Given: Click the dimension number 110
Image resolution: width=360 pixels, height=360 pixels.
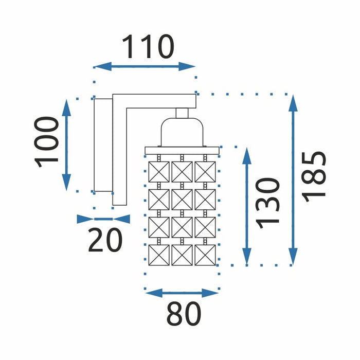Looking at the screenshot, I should point(148,47).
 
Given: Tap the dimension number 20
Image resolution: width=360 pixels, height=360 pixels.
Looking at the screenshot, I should point(105,240).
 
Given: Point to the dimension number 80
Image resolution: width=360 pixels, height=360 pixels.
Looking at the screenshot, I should point(184,313).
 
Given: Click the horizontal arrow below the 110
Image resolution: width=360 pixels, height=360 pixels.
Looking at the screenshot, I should point(145,66).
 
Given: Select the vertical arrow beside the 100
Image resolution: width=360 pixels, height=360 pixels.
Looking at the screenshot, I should point(67,145).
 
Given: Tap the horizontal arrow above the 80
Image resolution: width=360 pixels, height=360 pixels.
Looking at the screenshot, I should point(182,293).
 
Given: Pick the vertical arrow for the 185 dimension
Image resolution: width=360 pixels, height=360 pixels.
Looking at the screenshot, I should point(293,179).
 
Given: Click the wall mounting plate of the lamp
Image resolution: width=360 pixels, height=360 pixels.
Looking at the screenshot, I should point(103,145).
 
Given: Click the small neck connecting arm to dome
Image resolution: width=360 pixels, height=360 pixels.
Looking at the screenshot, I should point(182,113).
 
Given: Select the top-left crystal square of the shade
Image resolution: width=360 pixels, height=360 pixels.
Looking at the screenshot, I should point(158,171).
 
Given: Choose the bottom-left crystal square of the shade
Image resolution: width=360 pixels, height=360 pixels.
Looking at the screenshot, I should point(158,255).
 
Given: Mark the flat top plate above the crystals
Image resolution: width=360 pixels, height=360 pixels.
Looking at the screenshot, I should point(182,150).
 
